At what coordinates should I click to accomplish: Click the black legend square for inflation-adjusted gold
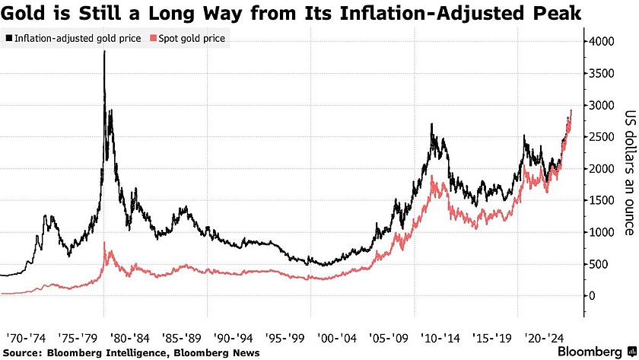[x=8, y=37]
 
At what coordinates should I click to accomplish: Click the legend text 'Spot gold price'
[x=191, y=37]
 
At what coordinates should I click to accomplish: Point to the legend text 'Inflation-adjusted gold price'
[x=78, y=37]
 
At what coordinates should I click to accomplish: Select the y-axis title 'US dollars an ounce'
[x=629, y=174]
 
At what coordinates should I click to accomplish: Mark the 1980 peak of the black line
[x=104, y=52]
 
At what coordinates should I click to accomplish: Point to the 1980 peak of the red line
[x=104, y=243]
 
